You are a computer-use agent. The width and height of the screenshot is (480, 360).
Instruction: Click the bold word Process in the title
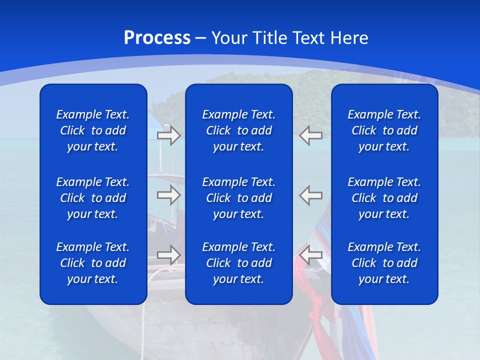click(157, 38)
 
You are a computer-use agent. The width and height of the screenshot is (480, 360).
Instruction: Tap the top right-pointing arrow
click(168, 135)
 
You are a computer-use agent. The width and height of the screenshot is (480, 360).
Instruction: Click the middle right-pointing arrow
click(168, 194)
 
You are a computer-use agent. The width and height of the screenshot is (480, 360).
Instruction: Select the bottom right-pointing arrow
click(168, 254)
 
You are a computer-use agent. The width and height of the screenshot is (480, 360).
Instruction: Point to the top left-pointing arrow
click(311, 135)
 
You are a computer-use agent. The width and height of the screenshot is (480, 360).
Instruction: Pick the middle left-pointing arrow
click(311, 194)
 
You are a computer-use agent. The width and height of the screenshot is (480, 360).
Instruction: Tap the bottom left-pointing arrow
click(311, 254)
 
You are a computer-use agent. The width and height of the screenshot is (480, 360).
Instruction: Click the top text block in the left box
click(93, 130)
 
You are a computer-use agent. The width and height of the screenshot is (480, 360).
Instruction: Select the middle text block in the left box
click(93, 198)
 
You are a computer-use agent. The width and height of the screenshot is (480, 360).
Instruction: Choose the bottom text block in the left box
click(93, 263)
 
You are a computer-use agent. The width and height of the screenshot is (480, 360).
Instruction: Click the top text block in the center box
click(238, 130)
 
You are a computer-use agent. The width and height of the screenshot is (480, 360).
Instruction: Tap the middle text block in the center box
click(238, 198)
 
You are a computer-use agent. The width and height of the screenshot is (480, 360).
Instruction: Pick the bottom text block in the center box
click(238, 263)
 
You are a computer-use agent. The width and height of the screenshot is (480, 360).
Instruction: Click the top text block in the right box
click(384, 130)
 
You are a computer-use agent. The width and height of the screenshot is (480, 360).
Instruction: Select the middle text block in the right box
click(384, 198)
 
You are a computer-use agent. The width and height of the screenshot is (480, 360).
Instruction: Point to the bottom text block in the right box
click(384, 263)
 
